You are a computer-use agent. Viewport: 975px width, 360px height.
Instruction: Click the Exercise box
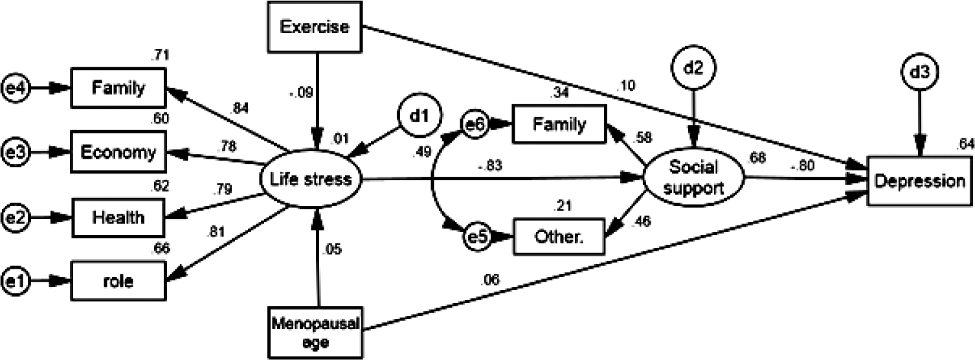tap(316, 27)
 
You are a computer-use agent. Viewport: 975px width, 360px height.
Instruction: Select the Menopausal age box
tap(318, 330)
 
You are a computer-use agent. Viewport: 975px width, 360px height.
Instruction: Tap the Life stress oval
tap(309, 179)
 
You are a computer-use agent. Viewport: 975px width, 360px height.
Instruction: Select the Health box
tap(118, 216)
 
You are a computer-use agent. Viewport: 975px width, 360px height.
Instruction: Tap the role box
tap(118, 281)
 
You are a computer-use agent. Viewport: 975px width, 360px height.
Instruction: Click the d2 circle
tap(693, 67)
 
